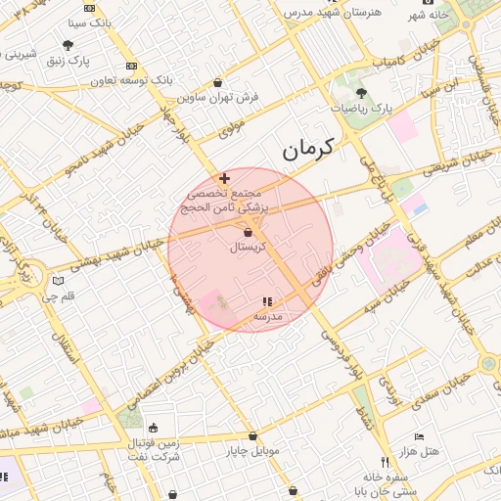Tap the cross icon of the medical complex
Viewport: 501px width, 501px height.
(x=225, y=178)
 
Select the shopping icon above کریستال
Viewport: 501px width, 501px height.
(x=248, y=232)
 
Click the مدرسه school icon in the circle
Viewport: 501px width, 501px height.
(x=266, y=301)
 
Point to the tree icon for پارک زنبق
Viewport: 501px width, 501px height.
(x=68, y=45)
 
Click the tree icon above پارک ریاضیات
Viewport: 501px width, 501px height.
(x=361, y=92)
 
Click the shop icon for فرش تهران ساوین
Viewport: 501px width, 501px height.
(x=215, y=83)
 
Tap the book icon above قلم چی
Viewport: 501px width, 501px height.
(x=57, y=282)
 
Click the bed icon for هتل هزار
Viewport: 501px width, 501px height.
(x=420, y=437)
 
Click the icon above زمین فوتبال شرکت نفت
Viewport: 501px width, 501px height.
(x=153, y=428)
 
